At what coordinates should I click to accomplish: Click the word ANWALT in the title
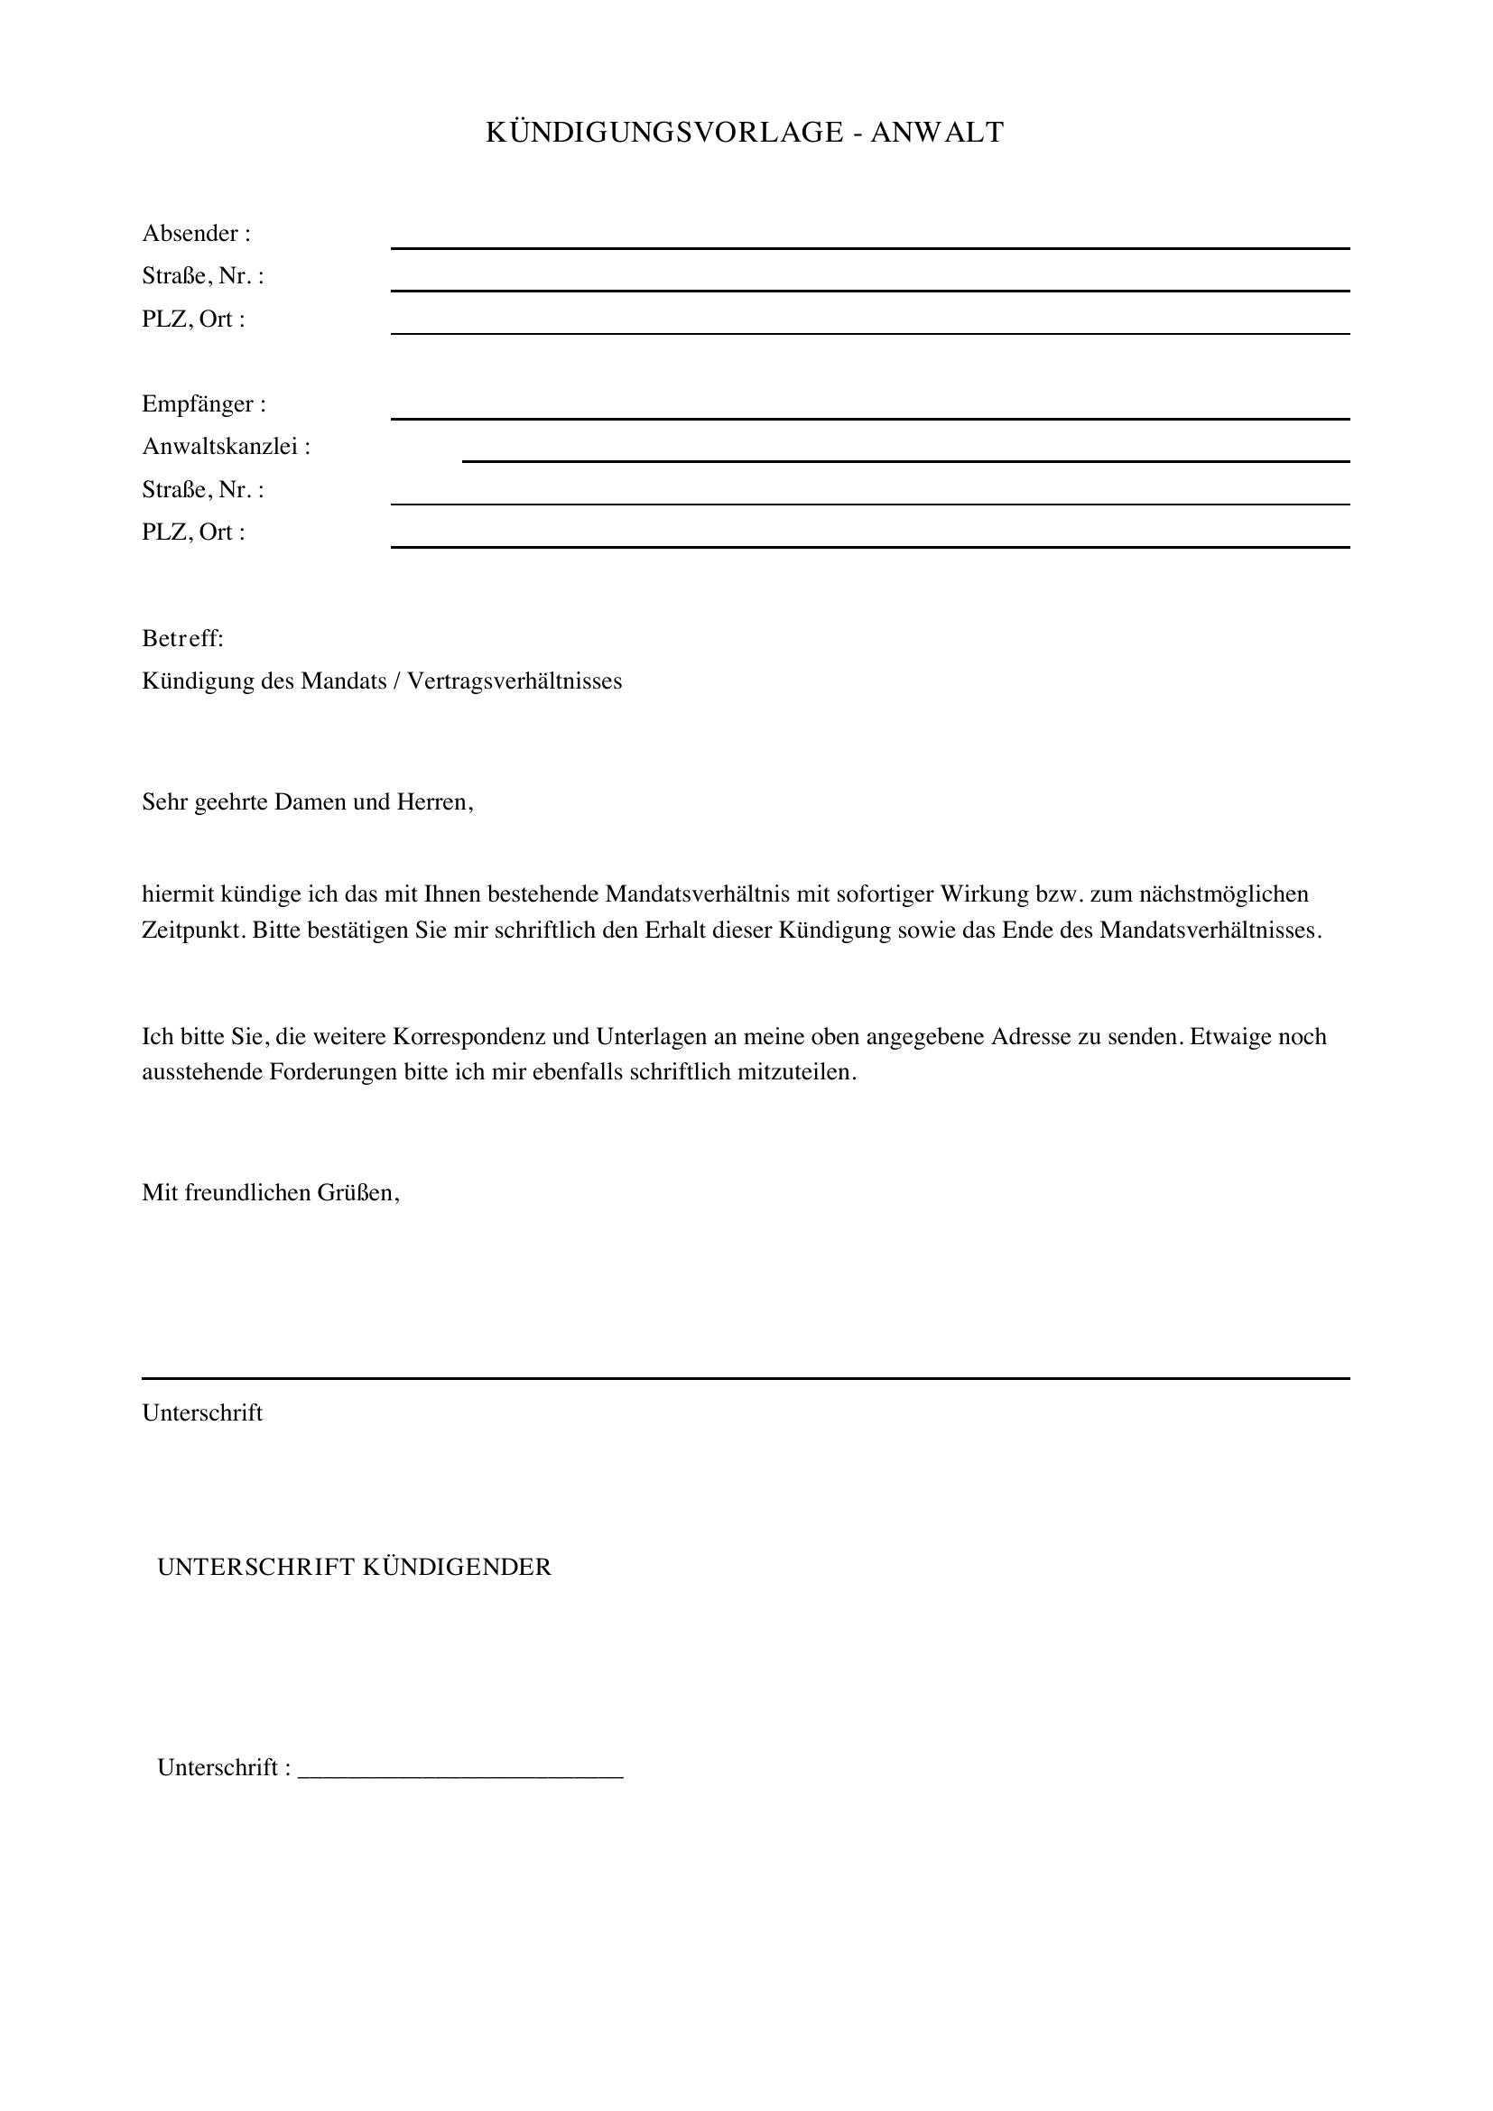937,134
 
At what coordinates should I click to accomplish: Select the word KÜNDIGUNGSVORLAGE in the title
663,134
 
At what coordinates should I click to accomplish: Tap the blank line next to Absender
869,246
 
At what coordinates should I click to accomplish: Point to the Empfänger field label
203,404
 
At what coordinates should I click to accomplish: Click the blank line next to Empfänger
869,418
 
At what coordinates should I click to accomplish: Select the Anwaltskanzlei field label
227,447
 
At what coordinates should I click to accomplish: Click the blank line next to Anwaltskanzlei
905,459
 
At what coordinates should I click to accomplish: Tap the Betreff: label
183,638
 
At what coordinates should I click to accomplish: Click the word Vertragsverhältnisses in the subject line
514,681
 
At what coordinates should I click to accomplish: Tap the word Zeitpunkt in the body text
193,930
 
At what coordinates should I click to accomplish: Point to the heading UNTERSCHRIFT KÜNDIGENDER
354,1567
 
